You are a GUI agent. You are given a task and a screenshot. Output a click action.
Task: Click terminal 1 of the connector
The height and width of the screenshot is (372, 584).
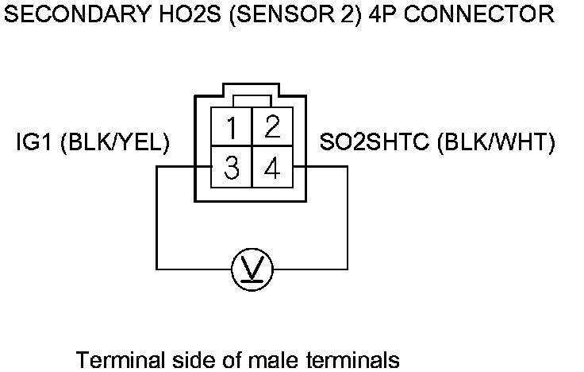(x=231, y=128)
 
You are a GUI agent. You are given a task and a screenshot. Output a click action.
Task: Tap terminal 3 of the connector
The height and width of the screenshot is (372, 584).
(x=231, y=169)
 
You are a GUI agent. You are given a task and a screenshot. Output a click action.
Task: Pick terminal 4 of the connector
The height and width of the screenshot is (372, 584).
(x=272, y=169)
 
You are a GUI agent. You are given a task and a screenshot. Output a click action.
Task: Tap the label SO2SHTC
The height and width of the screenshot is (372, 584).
(x=373, y=143)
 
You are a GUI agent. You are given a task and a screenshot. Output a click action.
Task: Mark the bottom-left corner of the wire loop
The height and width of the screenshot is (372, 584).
(x=156, y=269)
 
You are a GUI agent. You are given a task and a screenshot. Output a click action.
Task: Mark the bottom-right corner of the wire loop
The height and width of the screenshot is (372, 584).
(x=348, y=269)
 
